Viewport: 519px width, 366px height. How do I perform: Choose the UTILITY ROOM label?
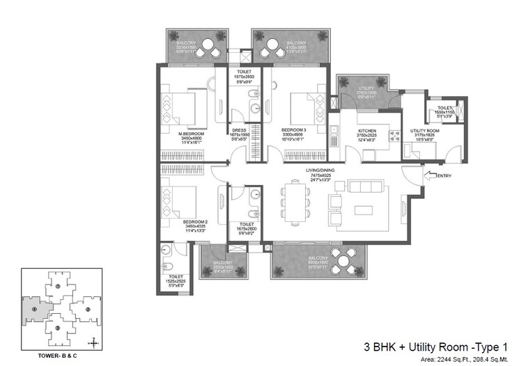tap(423, 131)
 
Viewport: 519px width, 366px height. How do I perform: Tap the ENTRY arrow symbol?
tap(428, 177)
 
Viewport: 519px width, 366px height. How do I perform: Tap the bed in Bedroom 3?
tap(305, 108)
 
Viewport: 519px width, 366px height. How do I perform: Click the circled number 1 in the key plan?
tap(59, 285)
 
